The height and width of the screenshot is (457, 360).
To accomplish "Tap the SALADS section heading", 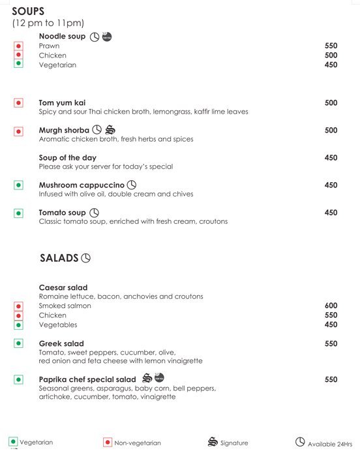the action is pos(59,258).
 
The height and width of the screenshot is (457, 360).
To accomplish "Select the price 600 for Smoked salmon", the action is pos(331,306).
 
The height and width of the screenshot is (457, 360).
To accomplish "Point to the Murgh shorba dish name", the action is pos(64,131).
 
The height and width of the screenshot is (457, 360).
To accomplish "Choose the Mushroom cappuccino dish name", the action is pos(81,185).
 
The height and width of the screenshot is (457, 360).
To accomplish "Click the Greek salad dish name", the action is pos(61,343).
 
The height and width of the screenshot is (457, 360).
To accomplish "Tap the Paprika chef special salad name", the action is pos(87,379).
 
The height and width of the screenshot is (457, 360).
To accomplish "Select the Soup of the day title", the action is pos(67,158).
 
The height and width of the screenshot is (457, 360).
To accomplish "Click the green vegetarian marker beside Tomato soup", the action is pos(18,213).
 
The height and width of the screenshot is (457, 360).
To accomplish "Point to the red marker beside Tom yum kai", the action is pos(18,103).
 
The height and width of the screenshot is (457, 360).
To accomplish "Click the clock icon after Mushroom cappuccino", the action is pos(132,185).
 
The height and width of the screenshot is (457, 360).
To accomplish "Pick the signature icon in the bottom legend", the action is pos(212,442).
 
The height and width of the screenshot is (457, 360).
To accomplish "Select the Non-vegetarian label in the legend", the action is pos(138,443).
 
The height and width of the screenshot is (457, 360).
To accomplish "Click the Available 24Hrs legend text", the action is pos(330,443).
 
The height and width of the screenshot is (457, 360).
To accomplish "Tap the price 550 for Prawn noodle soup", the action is pos(331,46).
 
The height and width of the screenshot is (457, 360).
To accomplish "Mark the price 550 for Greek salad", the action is pos(331,343).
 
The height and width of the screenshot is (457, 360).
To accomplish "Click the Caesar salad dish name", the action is pos(63,288).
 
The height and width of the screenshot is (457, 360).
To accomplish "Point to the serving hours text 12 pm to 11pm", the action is pos(48,24).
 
